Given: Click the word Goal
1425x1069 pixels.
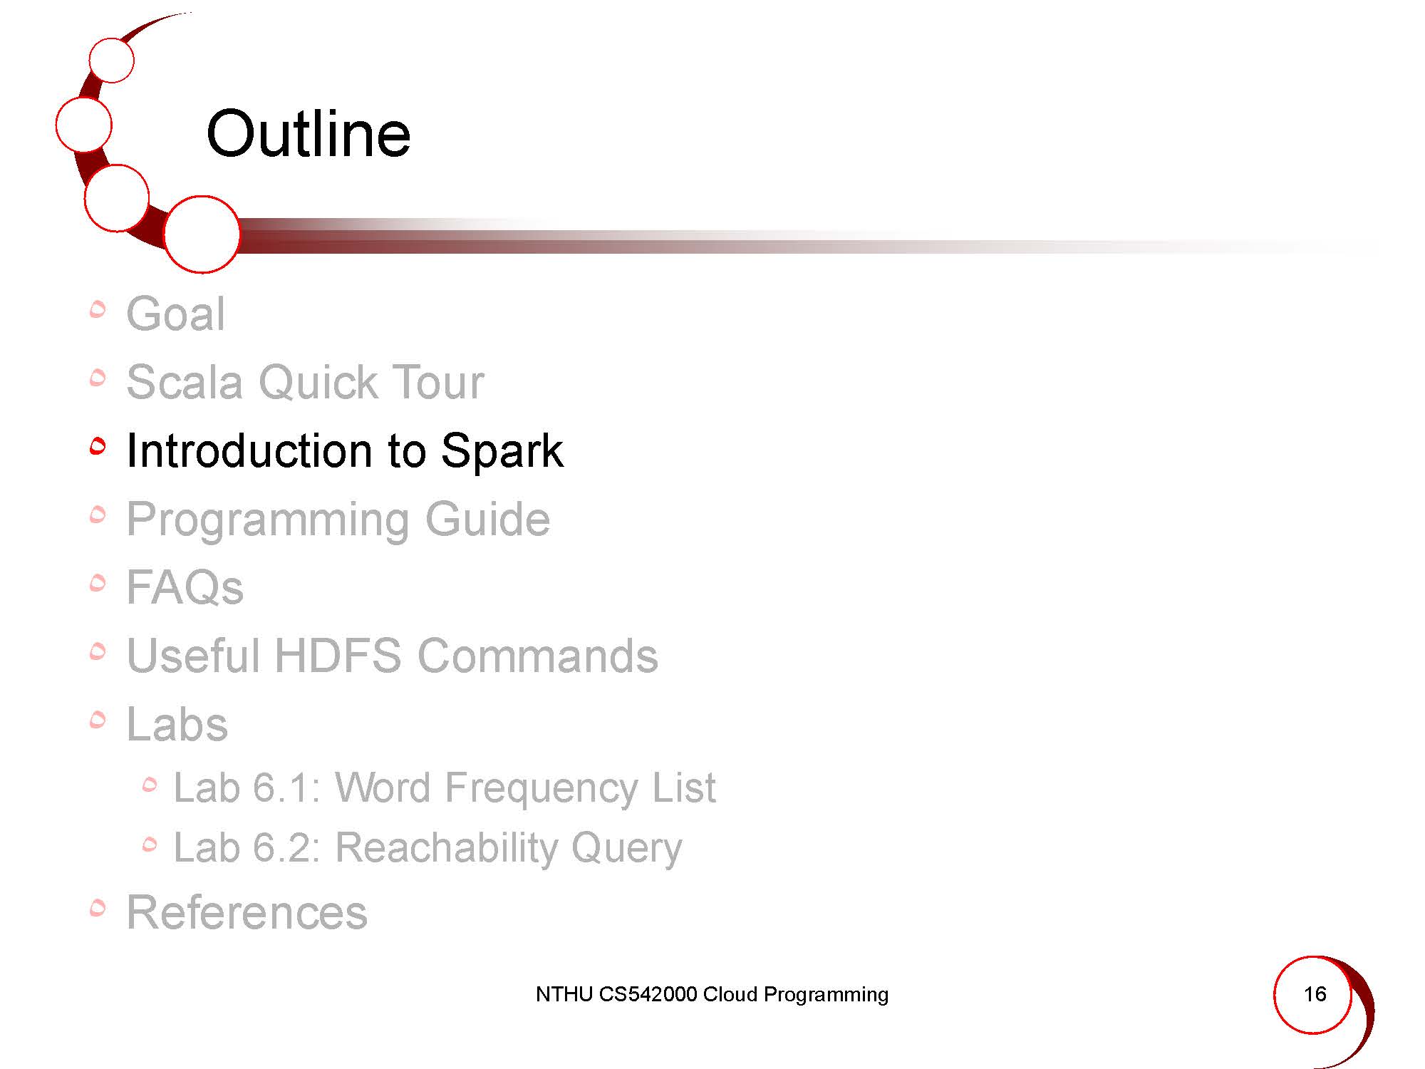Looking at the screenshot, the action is tap(175, 314).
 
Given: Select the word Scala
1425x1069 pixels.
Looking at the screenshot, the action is tap(185, 382).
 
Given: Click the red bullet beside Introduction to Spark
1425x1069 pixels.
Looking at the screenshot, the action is tap(98, 446).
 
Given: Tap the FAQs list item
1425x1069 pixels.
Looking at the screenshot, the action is tap(185, 587).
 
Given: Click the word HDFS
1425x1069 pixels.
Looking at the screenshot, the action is tap(338, 656).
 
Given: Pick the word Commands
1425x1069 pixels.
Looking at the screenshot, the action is tap(538, 656).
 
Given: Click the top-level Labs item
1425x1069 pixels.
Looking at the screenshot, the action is tap(177, 724).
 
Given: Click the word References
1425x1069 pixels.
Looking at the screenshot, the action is tap(247, 912).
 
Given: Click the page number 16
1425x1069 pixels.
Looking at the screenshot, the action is tap(1315, 994).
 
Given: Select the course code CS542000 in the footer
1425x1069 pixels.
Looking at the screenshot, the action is tap(648, 994).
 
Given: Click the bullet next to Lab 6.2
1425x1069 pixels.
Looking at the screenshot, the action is tap(150, 845).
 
